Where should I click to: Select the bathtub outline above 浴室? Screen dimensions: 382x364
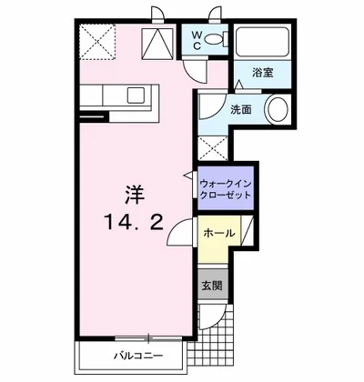(262, 42)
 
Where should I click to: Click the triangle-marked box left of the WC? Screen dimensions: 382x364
(161, 40)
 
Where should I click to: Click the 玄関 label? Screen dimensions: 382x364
(211, 284)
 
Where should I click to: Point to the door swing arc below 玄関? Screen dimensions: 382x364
(213, 314)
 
